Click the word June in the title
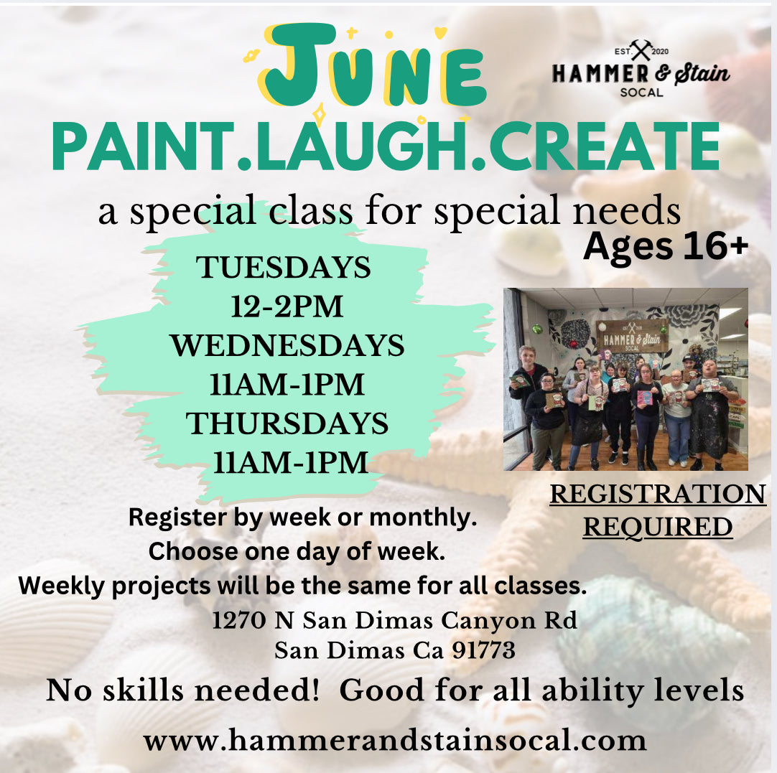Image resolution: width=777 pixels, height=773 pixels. [372, 66]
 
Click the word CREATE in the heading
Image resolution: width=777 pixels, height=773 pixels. [604, 148]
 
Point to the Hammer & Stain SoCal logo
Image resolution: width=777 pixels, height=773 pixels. [641, 69]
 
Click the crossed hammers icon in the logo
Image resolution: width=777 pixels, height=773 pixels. [641, 50]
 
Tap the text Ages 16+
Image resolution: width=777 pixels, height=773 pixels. [666, 246]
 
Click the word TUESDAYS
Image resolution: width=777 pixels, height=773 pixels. [284, 268]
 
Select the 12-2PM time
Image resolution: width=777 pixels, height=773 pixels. [287, 306]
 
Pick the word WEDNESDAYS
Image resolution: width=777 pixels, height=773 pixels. [287, 346]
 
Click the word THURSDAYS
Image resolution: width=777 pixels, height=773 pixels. [287, 424]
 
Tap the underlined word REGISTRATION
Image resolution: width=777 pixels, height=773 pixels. [658, 495]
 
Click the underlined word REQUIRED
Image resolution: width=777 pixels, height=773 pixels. [658, 527]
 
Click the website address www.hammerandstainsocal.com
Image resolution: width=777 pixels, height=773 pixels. [395, 741]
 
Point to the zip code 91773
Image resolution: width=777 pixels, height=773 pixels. [483, 650]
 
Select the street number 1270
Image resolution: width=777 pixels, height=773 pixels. [239, 620]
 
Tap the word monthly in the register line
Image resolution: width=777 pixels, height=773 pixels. [423, 518]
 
